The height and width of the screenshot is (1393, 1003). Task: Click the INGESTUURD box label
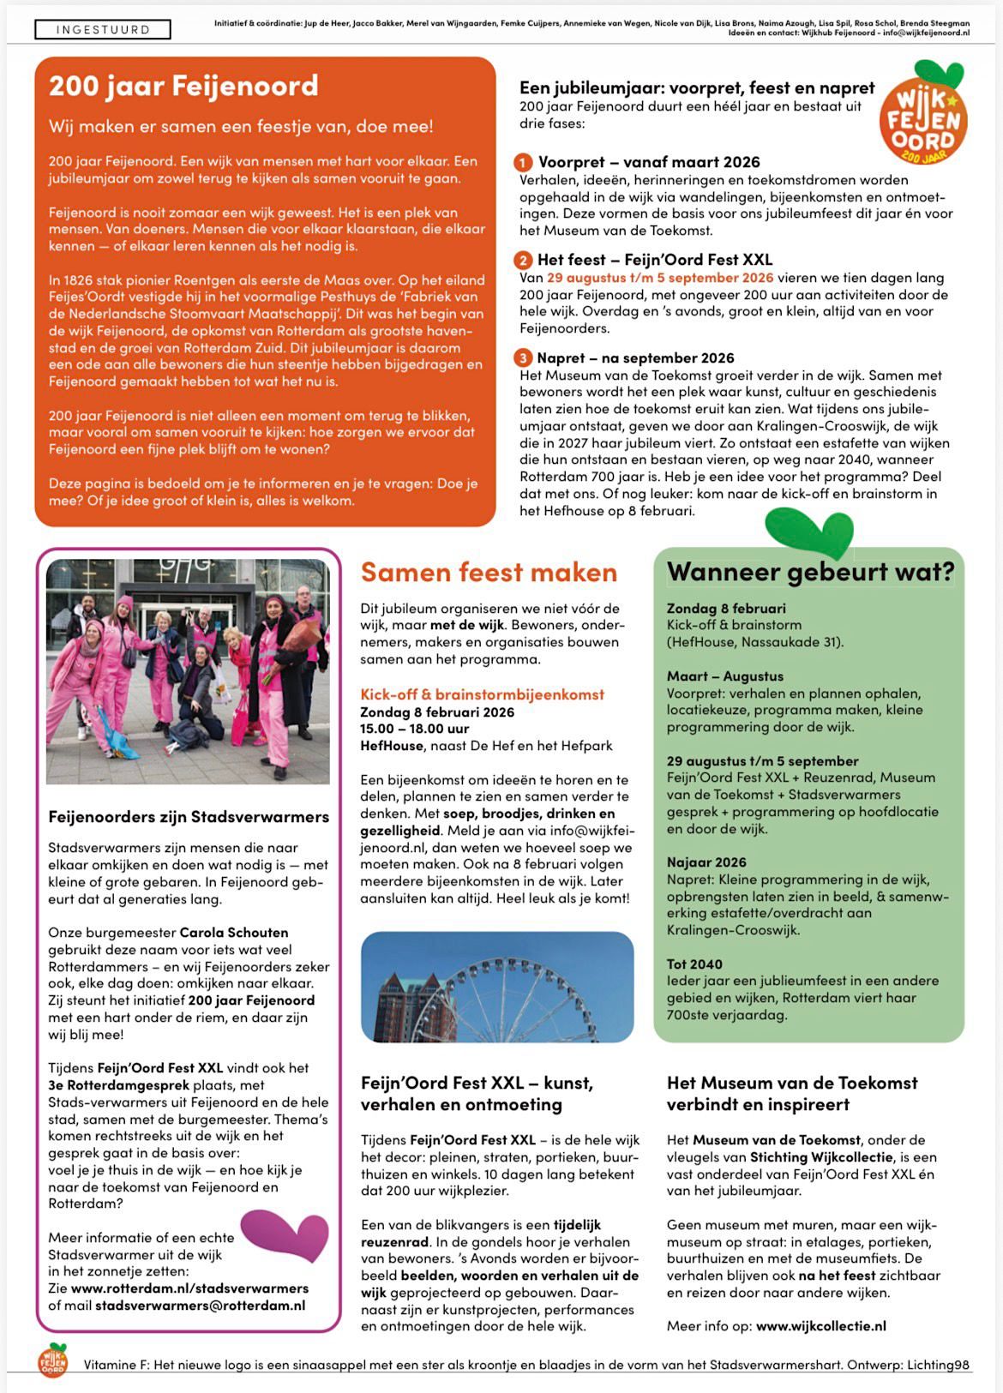(103, 30)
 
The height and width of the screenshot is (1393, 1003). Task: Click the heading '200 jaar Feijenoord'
(183, 86)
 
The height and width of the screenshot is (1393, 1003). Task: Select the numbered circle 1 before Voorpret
(523, 163)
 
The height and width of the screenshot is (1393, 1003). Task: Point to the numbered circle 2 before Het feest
(523, 261)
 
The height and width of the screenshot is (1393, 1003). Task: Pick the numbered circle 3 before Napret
(523, 358)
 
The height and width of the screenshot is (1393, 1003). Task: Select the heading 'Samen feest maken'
(489, 572)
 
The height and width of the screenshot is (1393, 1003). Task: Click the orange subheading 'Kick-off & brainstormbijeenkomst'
(482, 694)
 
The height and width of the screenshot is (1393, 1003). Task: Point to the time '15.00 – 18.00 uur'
(414, 729)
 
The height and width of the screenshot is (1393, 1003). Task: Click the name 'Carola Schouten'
(233, 933)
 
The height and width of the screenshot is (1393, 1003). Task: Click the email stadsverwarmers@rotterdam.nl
(200, 1306)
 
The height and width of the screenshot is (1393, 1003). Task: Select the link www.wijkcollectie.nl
(820, 1326)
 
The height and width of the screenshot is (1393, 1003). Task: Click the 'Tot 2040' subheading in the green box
(694, 964)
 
